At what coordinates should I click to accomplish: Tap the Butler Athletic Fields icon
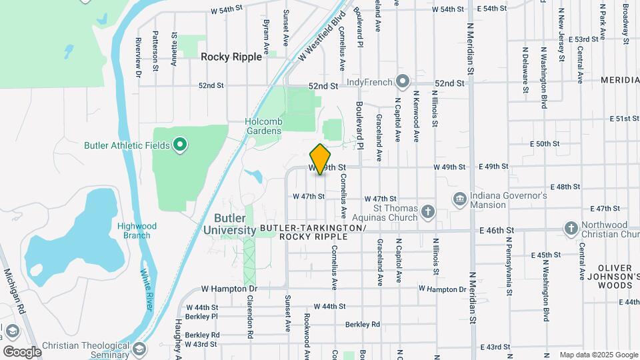tap(179, 145)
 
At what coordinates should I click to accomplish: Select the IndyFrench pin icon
tap(402, 82)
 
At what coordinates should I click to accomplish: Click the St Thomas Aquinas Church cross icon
tap(428, 212)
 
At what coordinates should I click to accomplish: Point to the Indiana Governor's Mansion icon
tap(459, 199)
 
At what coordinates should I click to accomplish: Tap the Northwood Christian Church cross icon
tap(571, 229)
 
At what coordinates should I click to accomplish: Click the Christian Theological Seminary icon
tap(139, 349)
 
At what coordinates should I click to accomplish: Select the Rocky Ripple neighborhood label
tap(231, 57)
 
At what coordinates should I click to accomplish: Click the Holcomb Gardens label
tap(263, 127)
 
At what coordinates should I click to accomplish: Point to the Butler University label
tap(235, 224)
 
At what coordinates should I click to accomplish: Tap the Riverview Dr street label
tap(139, 56)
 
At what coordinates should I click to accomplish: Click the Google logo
tap(22, 351)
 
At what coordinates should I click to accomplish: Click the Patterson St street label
tap(155, 50)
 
